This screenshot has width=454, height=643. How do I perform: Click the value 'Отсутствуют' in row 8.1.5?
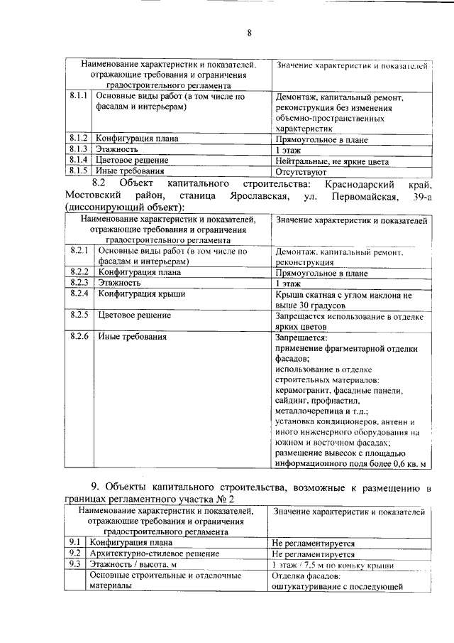[301, 171]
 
